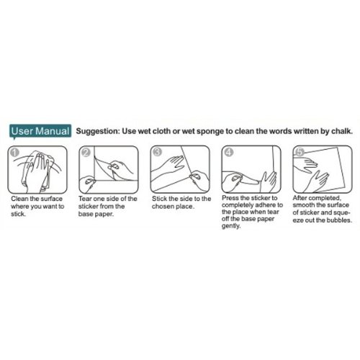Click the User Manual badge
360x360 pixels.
pyautogui.click(x=40, y=131)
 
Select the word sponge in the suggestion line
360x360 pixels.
pyautogui.click(x=210, y=132)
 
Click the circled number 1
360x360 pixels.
pyautogui.click(x=14, y=153)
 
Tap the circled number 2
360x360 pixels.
pyautogui.click(x=86, y=153)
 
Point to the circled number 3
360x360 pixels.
pyautogui.click(x=157, y=152)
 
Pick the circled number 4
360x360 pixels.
pyautogui.click(x=229, y=152)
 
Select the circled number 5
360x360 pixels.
pyautogui.click(x=300, y=152)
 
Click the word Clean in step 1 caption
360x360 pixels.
pyautogui.click(x=19, y=199)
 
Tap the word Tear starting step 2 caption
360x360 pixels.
pyautogui.click(x=85, y=199)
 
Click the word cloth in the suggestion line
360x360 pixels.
pyautogui.click(x=161, y=131)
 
